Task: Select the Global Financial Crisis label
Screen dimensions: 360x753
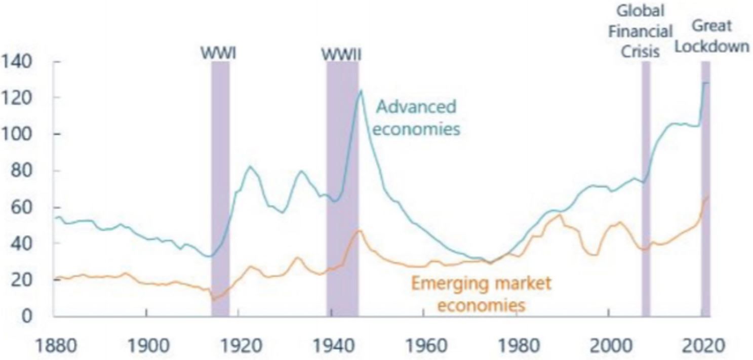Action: click(x=641, y=31)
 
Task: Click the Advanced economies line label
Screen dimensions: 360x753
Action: click(x=417, y=117)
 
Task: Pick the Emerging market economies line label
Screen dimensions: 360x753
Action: click(x=480, y=294)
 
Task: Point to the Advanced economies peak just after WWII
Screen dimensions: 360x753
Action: click(x=361, y=91)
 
